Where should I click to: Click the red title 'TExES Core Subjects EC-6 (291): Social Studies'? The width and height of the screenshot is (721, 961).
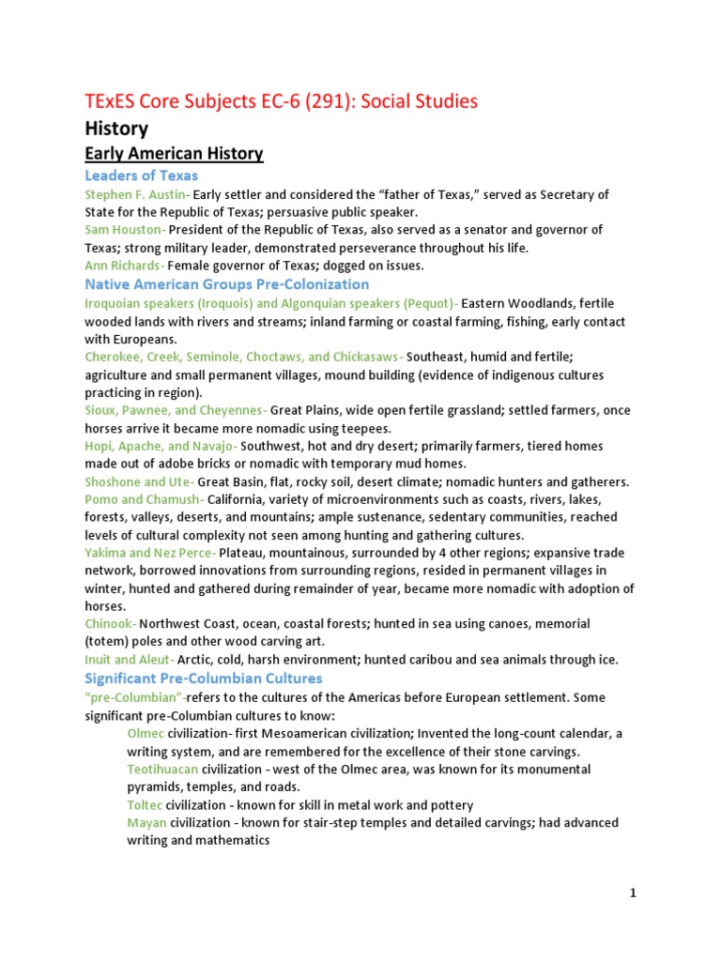pyautogui.click(x=281, y=99)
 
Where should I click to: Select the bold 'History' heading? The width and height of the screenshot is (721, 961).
pyautogui.click(x=116, y=128)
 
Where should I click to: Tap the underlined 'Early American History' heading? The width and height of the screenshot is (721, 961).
pyautogui.click(x=174, y=153)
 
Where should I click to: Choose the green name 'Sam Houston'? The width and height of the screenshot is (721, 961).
pyautogui.click(x=125, y=230)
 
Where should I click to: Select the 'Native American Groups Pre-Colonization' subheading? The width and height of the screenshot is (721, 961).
pyautogui.click(x=226, y=284)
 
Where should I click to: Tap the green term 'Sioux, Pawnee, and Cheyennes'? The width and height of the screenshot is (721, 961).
pyautogui.click(x=175, y=410)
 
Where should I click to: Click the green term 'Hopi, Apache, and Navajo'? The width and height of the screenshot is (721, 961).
pyautogui.click(x=160, y=446)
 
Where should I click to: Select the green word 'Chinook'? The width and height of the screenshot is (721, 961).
pyautogui.click(x=110, y=624)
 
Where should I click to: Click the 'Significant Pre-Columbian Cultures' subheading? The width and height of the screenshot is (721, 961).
pyautogui.click(x=203, y=679)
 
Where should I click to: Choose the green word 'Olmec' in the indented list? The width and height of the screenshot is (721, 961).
pyautogui.click(x=145, y=734)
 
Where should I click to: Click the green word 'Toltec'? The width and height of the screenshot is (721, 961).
pyautogui.click(x=145, y=805)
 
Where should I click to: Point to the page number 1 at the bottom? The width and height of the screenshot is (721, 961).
pyautogui.click(x=633, y=893)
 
